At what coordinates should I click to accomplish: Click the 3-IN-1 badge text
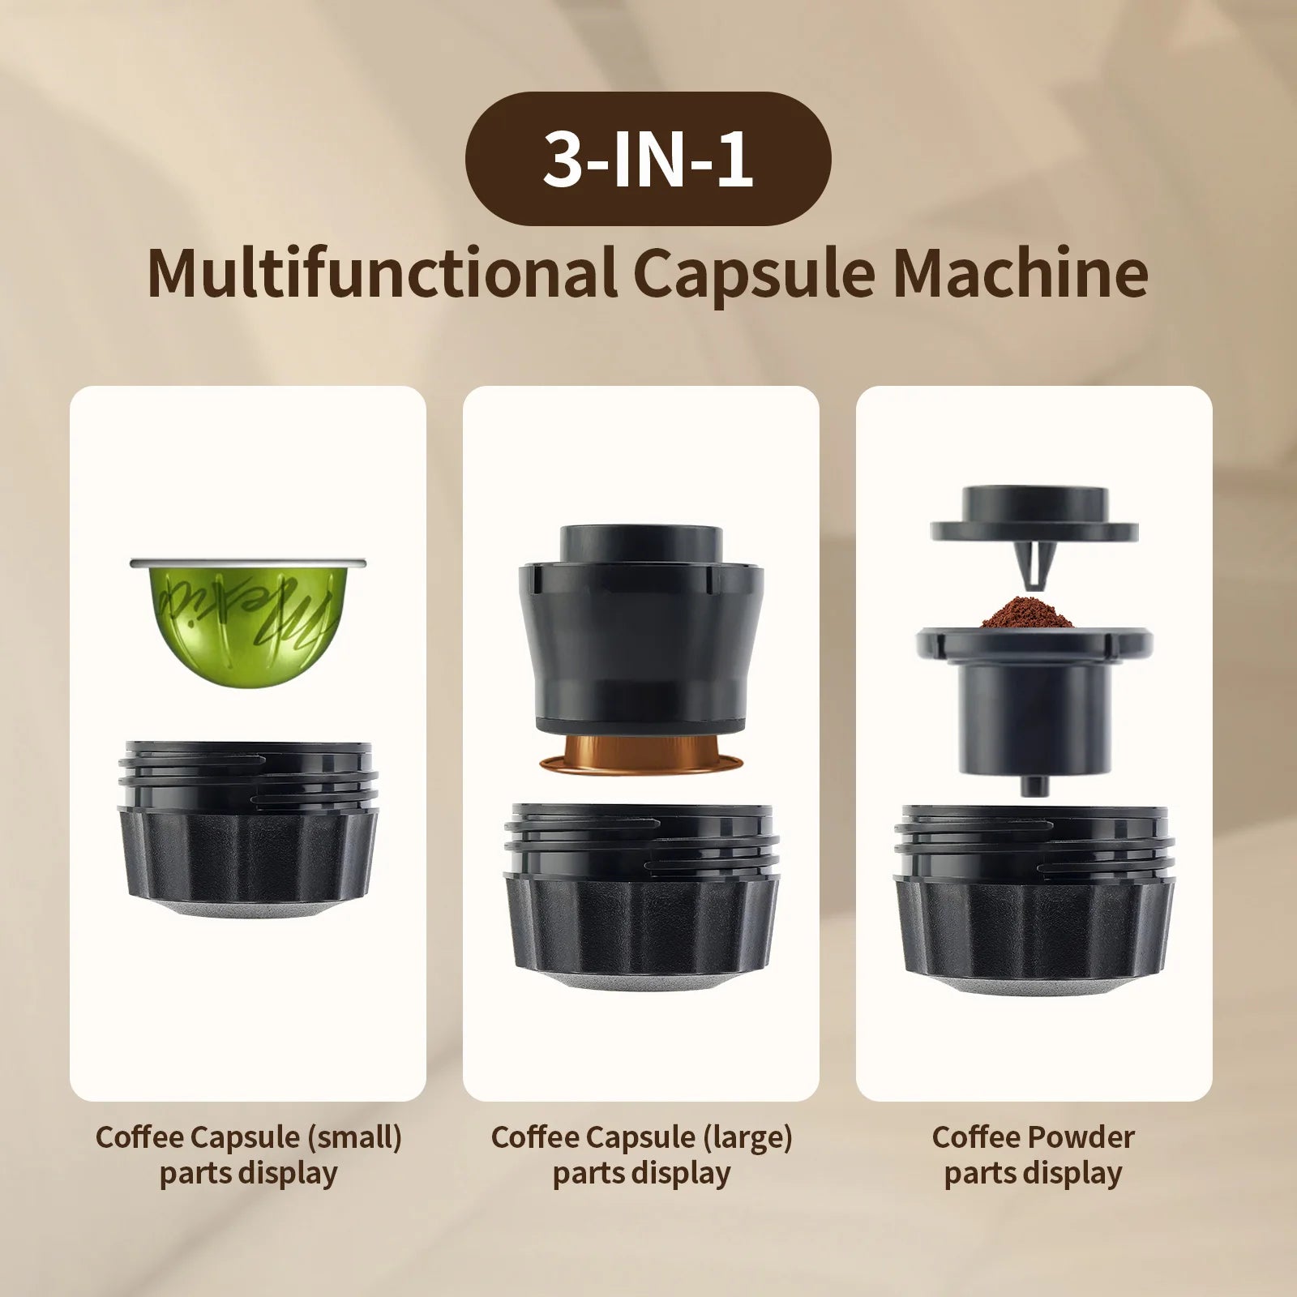(647, 160)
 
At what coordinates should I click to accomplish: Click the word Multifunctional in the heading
(381, 274)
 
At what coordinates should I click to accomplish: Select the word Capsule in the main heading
(754, 274)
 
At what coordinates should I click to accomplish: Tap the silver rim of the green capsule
(247, 562)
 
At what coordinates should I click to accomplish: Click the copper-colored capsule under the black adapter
(640, 754)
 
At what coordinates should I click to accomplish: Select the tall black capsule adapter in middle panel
(640, 632)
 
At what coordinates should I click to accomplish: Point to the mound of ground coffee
(1027, 614)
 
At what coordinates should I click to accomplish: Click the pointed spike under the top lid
(1033, 563)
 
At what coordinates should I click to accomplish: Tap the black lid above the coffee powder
(1034, 519)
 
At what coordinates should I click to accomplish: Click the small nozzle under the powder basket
(1032, 784)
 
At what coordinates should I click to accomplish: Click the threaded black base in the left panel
(248, 835)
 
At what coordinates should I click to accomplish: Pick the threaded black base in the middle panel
(640, 900)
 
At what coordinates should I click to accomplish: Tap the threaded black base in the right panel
(1034, 900)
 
